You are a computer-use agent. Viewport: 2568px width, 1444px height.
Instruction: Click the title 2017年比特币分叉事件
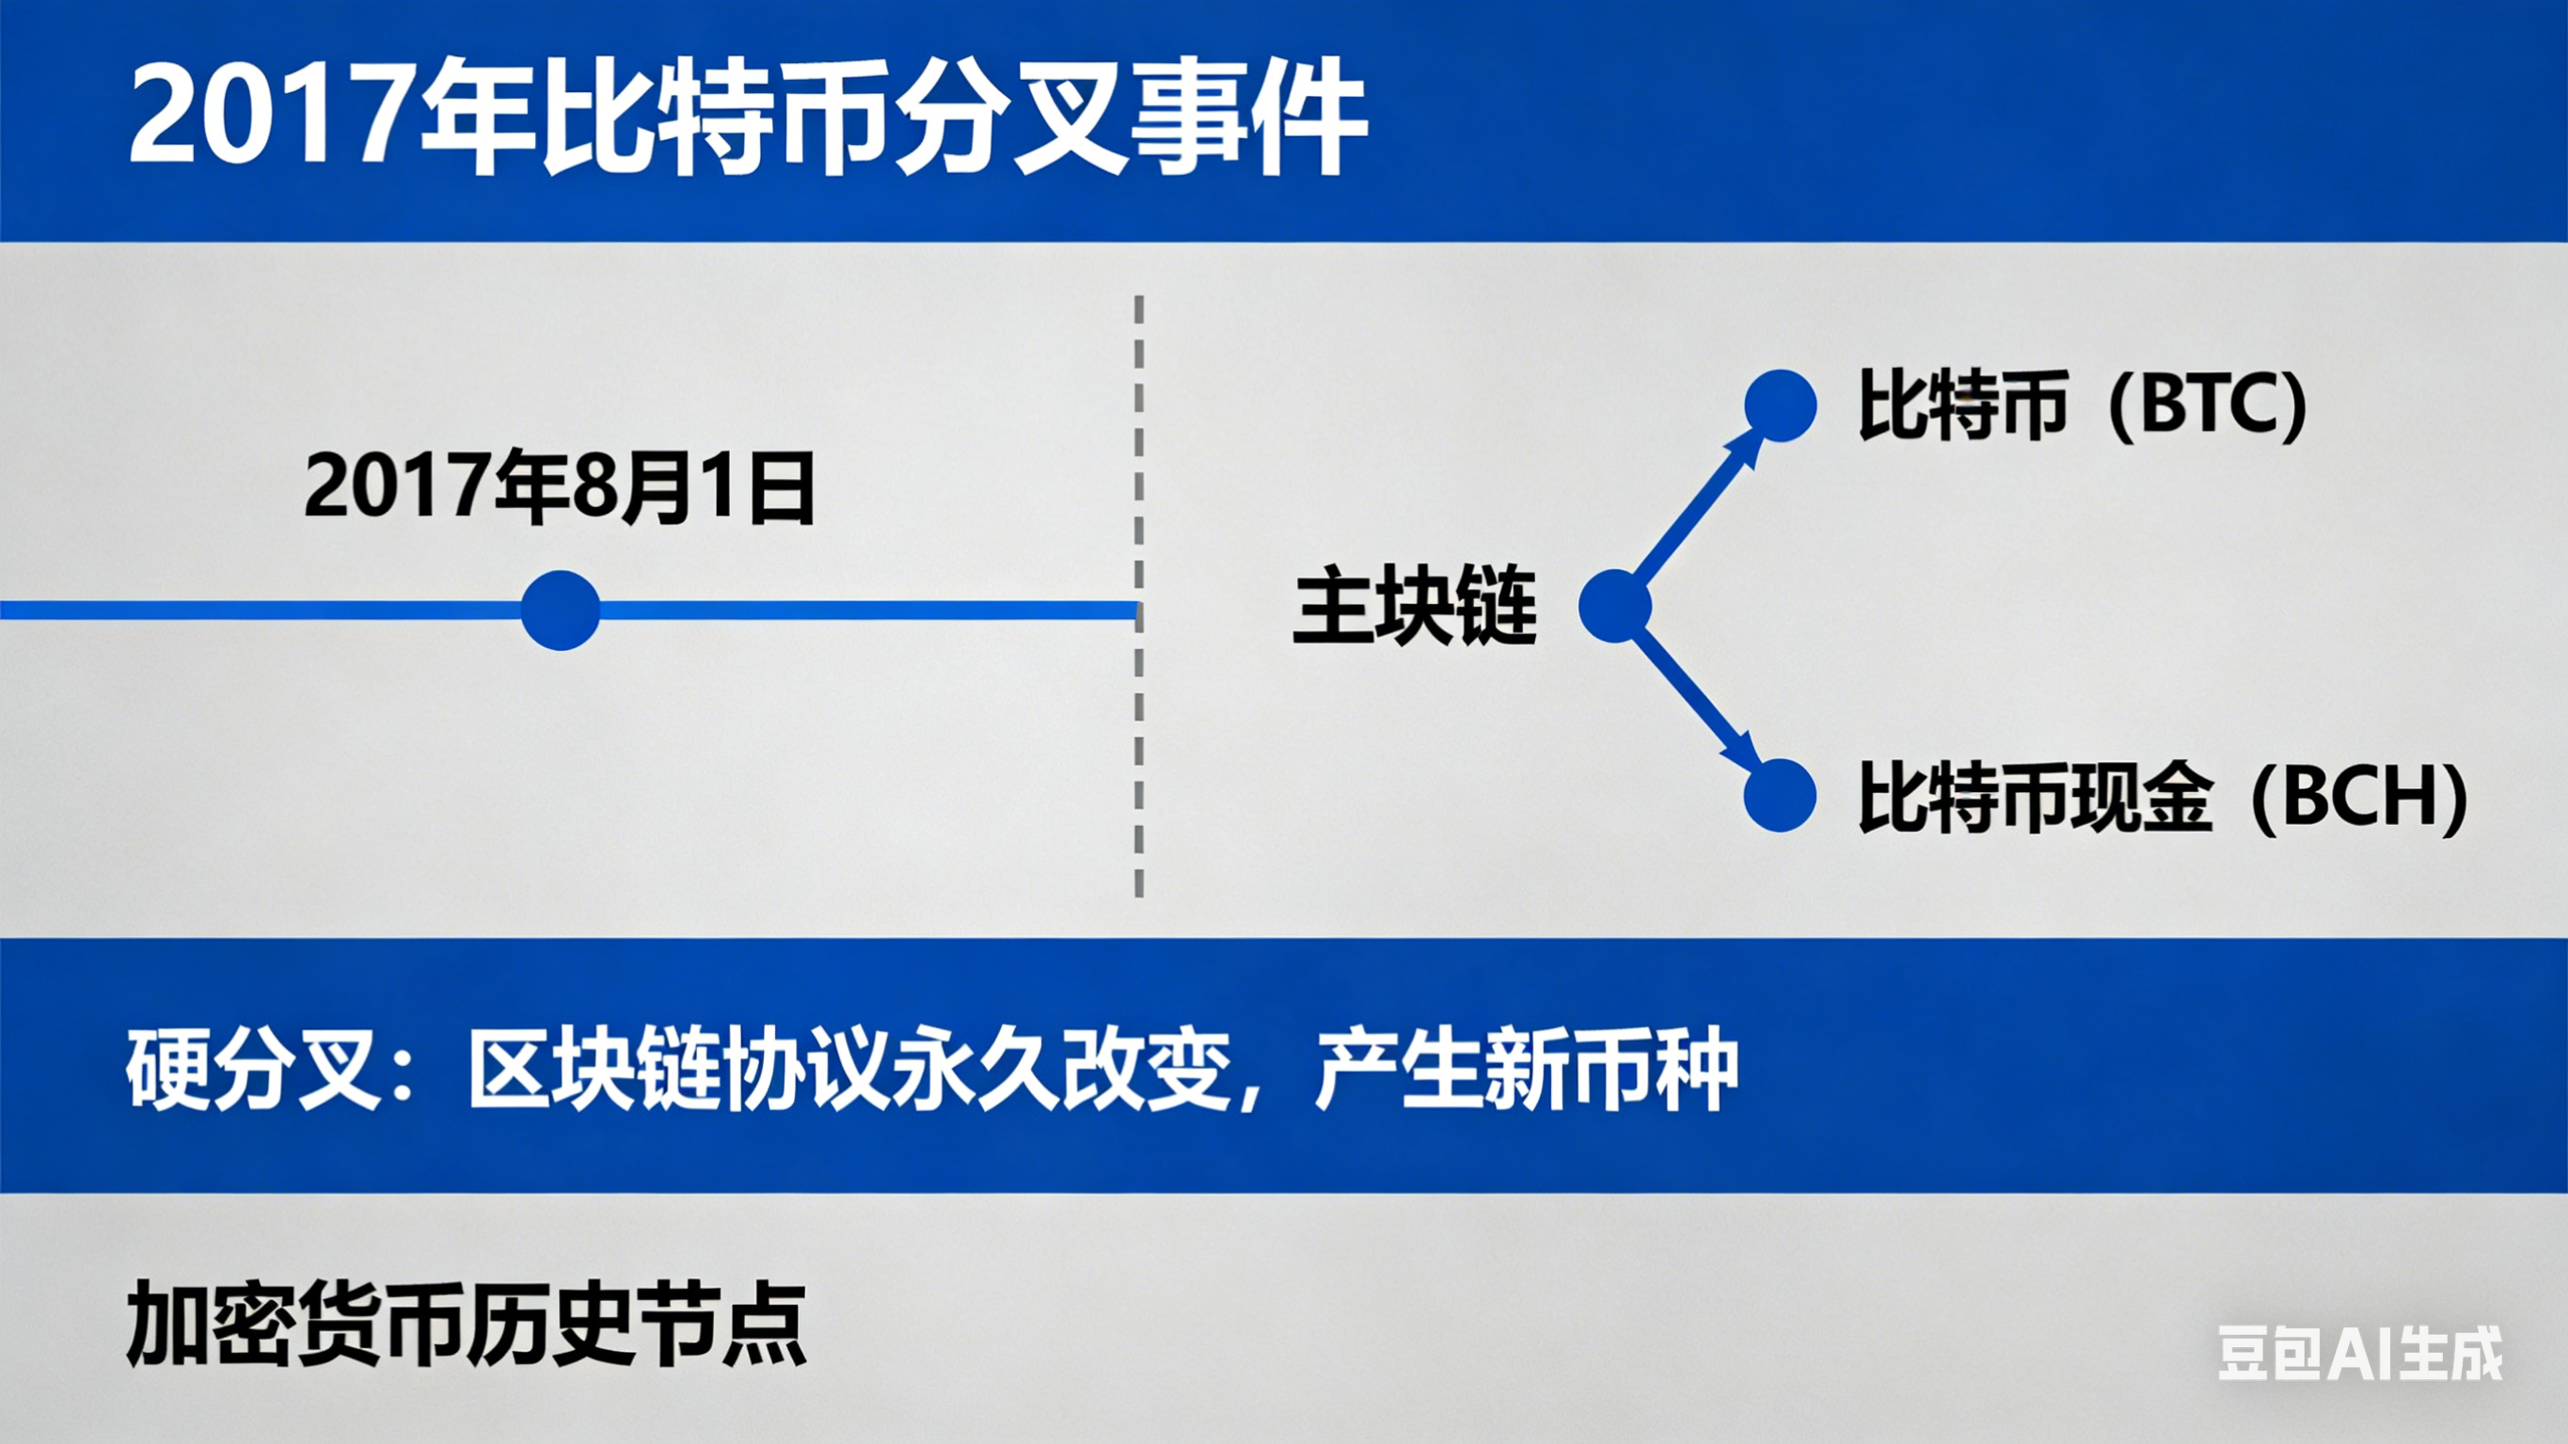tap(748, 118)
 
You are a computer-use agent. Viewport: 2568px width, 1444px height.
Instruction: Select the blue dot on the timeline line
tap(561, 611)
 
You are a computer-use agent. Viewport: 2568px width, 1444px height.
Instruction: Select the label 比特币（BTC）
tap(2082, 405)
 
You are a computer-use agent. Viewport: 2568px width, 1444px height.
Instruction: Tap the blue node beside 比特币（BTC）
tap(1781, 405)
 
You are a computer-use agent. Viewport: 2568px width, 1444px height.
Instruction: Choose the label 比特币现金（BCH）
tap(2162, 797)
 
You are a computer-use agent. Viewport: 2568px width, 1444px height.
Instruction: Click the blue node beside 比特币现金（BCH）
tap(1781, 796)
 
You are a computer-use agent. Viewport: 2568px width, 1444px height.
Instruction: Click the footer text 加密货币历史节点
tap(466, 1325)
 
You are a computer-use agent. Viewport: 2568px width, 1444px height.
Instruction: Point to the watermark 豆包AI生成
tap(2358, 1354)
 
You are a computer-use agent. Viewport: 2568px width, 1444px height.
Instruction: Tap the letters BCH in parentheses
tap(2358, 797)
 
